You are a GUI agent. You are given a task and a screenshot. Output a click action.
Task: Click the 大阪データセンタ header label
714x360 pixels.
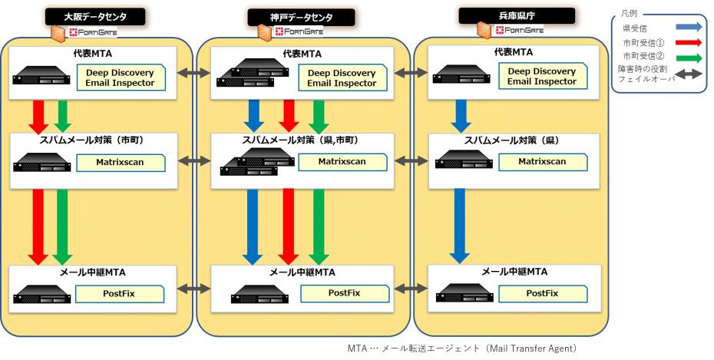(96, 16)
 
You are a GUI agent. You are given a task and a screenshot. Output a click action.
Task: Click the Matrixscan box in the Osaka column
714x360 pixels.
(121, 162)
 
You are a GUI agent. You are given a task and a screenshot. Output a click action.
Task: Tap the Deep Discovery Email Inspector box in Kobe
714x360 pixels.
(342, 78)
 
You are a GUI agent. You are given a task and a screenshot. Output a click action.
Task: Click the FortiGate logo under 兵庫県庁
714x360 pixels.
(519, 31)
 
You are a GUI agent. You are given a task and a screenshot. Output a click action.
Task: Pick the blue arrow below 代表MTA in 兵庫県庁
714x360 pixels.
(460, 115)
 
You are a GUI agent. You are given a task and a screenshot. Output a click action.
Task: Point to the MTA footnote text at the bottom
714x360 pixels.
(461, 348)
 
